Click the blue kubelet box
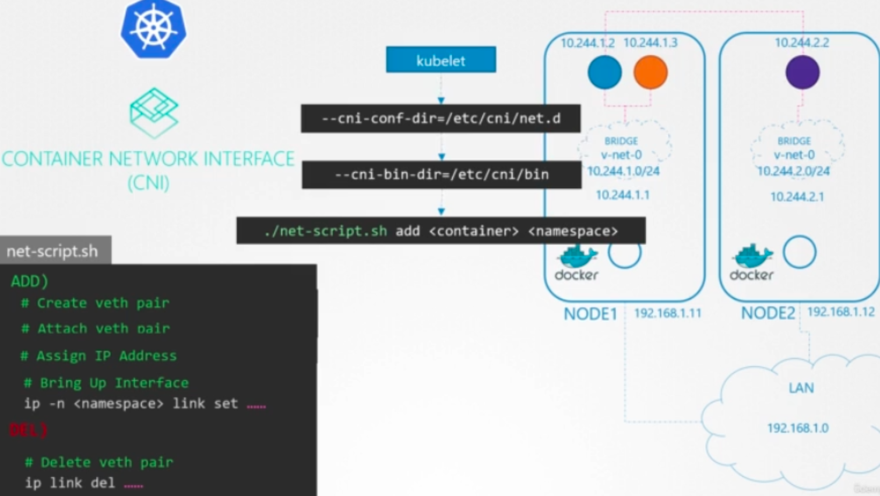tap(441, 60)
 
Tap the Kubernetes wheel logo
tap(153, 29)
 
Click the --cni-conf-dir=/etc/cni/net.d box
tap(441, 119)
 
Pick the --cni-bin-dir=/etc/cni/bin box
tap(441, 174)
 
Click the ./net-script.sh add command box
tap(441, 231)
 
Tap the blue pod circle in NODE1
tap(604, 73)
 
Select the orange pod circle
tap(650, 73)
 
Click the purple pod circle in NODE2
tap(802, 73)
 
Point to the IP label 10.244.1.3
tap(650, 42)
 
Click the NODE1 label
tap(590, 314)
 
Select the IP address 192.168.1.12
tap(840, 312)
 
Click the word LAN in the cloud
tap(801, 388)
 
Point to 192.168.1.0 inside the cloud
tap(798, 428)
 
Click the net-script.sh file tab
tap(53, 251)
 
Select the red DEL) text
tap(28, 430)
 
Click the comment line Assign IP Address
tap(99, 356)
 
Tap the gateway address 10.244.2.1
tap(797, 197)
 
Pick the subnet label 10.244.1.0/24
tap(623, 171)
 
